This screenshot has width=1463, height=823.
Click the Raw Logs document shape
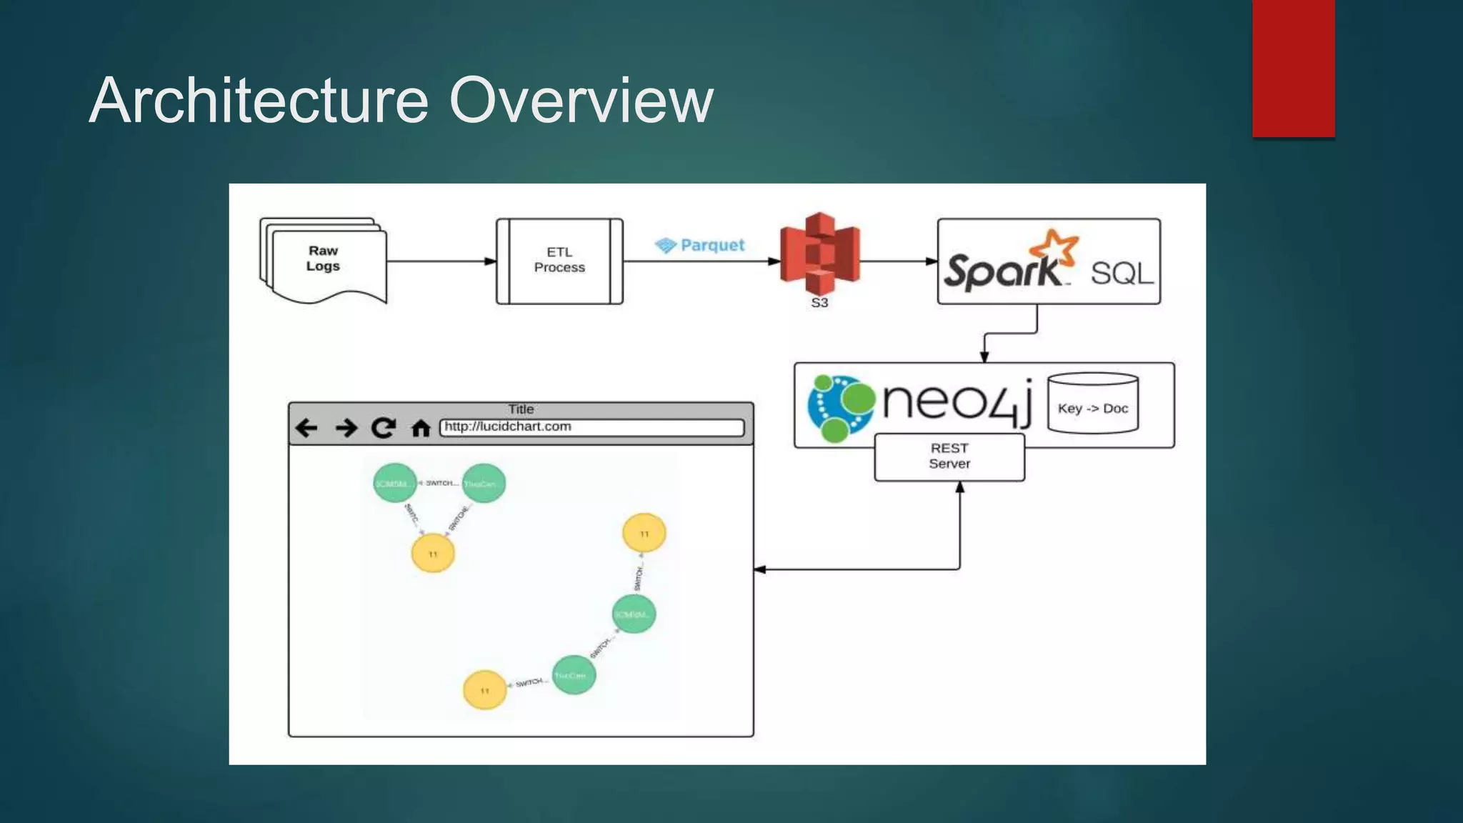[x=324, y=261]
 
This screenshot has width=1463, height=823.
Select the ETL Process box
[x=559, y=261]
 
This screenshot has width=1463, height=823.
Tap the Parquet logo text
[x=711, y=245]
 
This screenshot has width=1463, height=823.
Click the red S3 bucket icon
[x=819, y=254]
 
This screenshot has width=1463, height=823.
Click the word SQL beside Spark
[x=1122, y=273]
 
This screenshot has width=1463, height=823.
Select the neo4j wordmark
[x=957, y=401]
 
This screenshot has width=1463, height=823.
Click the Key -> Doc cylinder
[x=1092, y=404]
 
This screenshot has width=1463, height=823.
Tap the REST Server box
[x=949, y=457]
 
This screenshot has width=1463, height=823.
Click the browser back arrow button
[x=306, y=428]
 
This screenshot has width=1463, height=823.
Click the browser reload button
[x=384, y=428]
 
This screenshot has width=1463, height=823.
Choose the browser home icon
[x=421, y=429]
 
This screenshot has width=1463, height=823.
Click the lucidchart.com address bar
[x=591, y=427]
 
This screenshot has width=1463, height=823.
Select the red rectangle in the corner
[x=1293, y=68]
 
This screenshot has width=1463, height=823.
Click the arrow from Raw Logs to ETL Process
[x=441, y=261]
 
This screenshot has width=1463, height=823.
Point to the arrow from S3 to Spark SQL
[x=898, y=261]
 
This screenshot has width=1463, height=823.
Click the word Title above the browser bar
[x=521, y=409]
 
